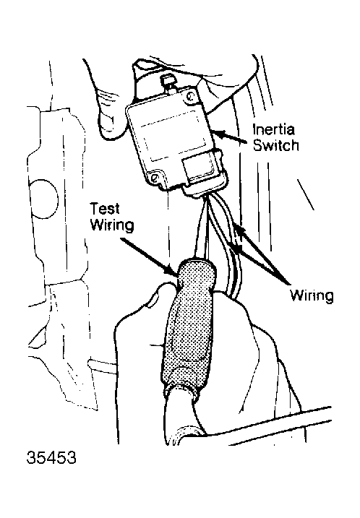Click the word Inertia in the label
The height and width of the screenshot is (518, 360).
(273, 129)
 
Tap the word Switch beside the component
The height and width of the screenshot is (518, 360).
(276, 145)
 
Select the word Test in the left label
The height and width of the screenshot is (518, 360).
(105, 209)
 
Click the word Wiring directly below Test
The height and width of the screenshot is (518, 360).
(112, 226)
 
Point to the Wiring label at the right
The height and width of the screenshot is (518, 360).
(312, 295)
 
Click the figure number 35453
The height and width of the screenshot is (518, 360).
(51, 457)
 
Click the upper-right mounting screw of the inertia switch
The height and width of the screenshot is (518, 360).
(190, 97)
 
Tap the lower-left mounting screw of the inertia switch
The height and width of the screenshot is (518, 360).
(155, 178)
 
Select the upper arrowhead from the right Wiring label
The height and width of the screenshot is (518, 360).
(239, 230)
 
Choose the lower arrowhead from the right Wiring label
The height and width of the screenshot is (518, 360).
(237, 248)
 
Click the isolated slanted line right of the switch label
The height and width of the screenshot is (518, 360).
(306, 194)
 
